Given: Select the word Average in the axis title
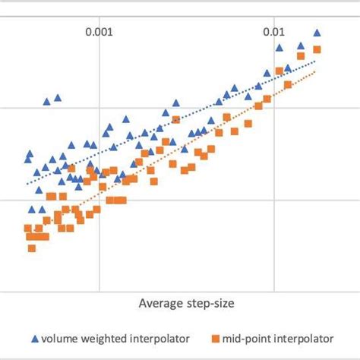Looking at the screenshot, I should [159, 303].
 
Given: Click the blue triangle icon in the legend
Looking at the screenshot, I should [33, 337].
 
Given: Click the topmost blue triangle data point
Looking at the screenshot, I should [317, 32].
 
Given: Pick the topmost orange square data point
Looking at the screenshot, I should [317, 50].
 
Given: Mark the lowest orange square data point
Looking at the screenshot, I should [32, 248].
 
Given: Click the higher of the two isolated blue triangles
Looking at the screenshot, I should [58, 97].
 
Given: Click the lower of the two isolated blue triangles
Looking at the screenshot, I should [46, 101].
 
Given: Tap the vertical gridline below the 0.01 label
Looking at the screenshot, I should [275, 190].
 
